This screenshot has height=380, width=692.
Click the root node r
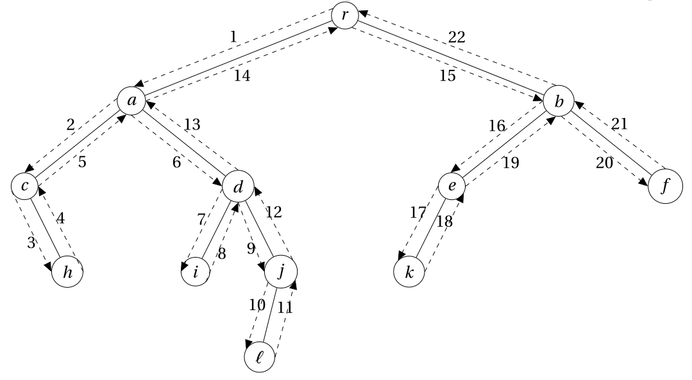(345, 16)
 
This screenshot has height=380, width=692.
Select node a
(131, 101)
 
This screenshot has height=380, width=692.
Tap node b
(558, 101)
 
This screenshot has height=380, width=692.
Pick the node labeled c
(25, 186)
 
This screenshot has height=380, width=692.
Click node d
(237, 186)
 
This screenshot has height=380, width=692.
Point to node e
(451, 186)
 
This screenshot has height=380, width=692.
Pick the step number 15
(448, 76)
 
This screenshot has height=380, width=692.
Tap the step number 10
(257, 304)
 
